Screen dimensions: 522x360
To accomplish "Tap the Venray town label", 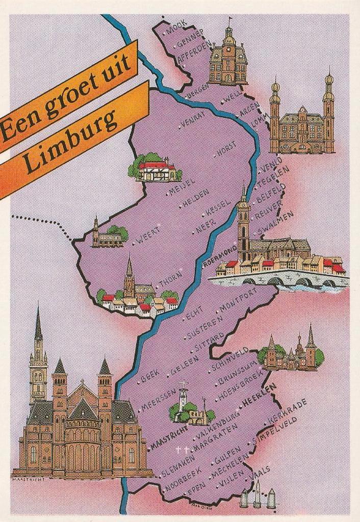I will (x=192, y=120).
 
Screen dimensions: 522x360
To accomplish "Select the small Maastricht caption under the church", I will (x=29, y=479).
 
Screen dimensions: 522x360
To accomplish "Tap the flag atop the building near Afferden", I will (x=230, y=19).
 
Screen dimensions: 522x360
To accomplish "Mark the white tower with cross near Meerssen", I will (x=183, y=403).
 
